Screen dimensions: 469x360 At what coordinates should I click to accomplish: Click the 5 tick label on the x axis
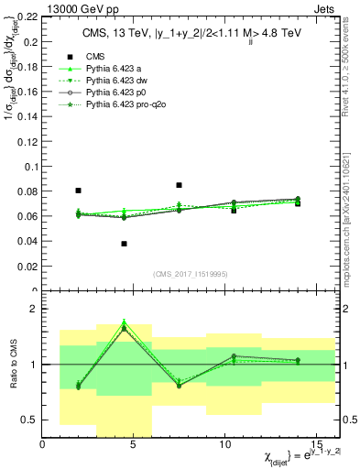coord(134,444)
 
